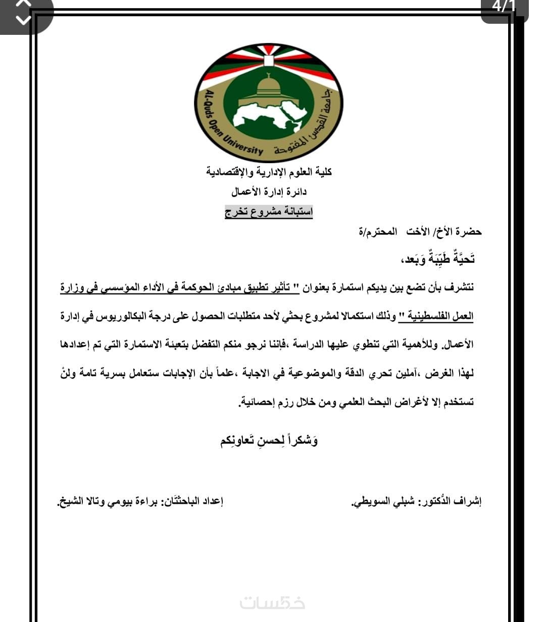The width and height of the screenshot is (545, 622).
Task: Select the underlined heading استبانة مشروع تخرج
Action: click(269, 212)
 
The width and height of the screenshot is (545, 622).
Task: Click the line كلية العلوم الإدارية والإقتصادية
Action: click(269, 172)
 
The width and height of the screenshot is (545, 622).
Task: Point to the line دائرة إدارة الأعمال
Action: click(269, 192)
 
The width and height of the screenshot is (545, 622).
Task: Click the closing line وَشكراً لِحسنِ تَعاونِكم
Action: click(269, 441)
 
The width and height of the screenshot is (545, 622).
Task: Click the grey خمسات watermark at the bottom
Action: click(272, 602)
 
